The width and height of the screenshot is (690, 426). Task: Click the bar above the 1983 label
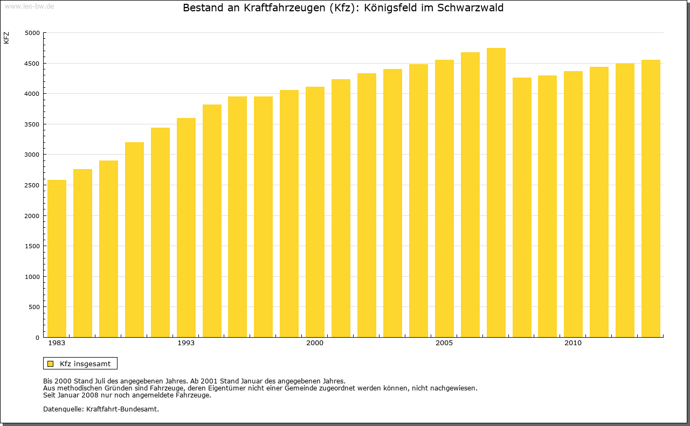pos(57,259)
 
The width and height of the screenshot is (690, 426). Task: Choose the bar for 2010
pos(573,204)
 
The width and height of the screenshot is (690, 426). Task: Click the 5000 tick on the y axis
pos(33,33)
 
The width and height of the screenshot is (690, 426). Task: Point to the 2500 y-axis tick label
pos(33,185)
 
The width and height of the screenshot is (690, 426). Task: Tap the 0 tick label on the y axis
pos(38,338)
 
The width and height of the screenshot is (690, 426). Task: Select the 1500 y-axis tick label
pos(33,246)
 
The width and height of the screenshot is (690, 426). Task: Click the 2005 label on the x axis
pos(444,343)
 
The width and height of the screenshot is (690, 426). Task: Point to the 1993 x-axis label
pos(186,343)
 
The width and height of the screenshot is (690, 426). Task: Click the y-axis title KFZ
pos(6,38)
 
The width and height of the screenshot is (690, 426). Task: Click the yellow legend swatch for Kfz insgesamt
pos(51,364)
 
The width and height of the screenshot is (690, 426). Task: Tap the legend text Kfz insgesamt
pos(85,364)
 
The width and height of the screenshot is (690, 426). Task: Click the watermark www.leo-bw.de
pos(29,6)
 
